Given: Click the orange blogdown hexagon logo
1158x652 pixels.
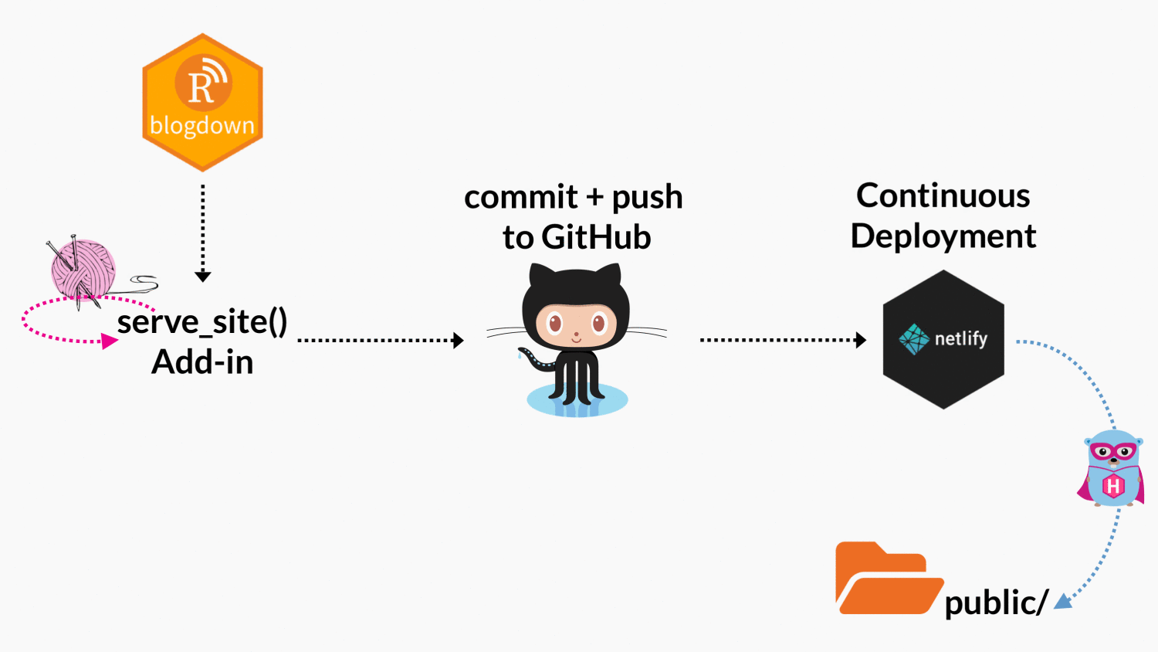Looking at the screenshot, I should click(202, 102).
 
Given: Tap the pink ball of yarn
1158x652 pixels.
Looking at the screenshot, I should click(83, 269).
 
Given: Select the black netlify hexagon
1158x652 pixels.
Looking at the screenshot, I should click(943, 339).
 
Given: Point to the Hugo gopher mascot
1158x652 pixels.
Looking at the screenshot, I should click(1112, 468).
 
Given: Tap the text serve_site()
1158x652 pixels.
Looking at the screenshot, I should click(202, 321).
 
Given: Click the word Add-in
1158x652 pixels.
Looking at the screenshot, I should click(202, 362).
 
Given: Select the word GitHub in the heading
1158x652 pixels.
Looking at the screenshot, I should click(596, 237).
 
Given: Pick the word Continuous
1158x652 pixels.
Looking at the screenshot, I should click(943, 195).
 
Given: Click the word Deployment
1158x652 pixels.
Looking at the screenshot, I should click(943, 236).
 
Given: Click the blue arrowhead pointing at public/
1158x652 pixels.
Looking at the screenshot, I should click(1064, 601).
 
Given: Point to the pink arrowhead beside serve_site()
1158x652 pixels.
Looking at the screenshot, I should click(110, 341).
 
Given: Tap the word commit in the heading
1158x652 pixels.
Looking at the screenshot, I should click(521, 197).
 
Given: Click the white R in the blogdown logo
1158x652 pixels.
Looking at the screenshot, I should click(201, 87).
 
